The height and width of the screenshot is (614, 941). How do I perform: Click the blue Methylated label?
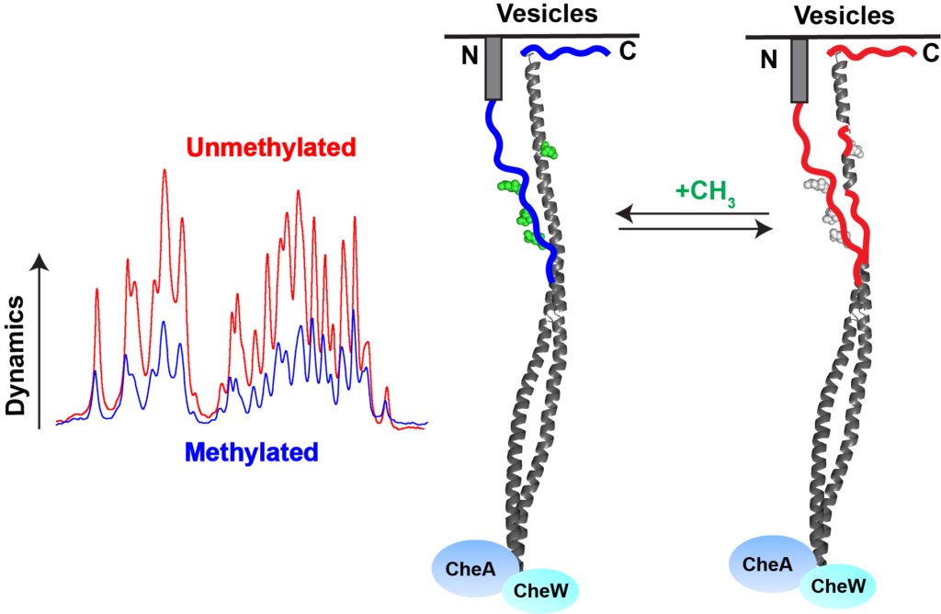251,451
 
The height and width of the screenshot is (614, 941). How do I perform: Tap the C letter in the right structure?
929,53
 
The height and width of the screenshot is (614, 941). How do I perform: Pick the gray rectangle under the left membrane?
493,68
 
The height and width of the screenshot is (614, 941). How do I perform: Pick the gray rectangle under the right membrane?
799,70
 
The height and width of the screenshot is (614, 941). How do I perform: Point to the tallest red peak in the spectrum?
164,173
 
